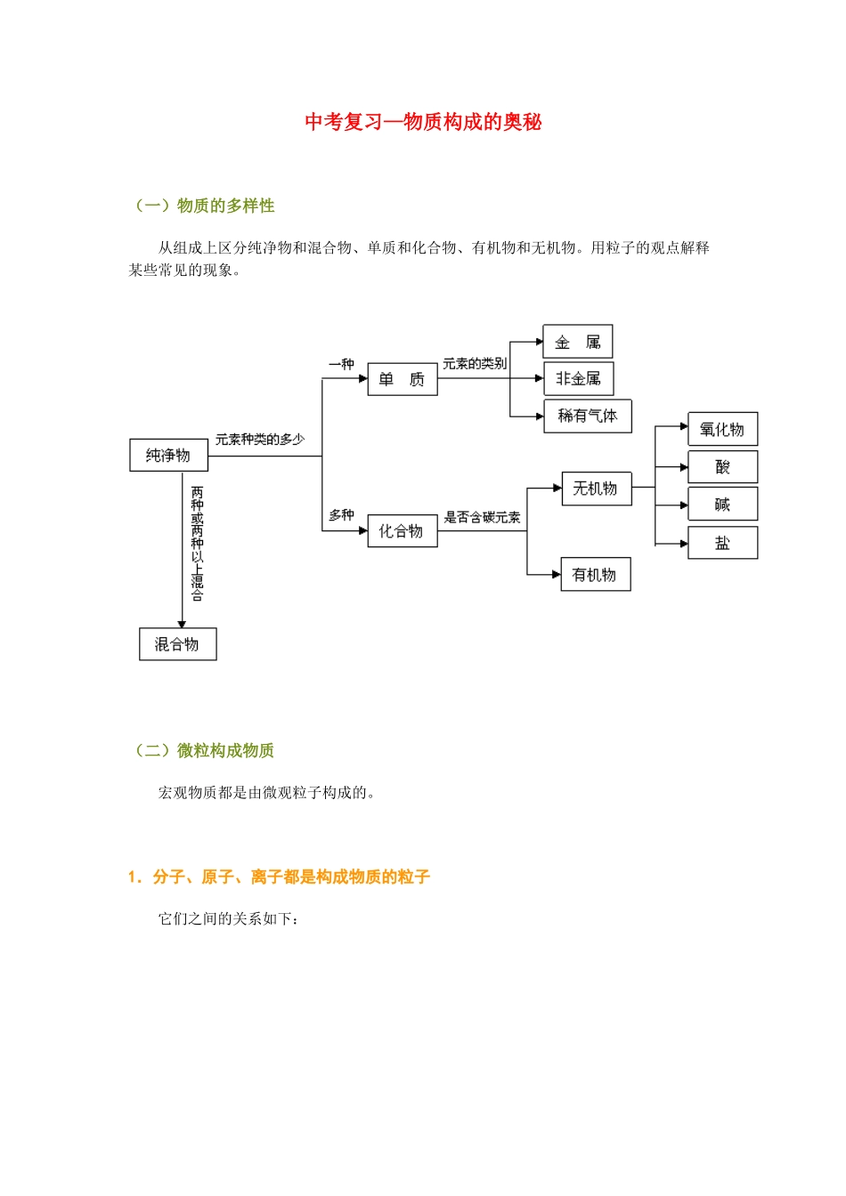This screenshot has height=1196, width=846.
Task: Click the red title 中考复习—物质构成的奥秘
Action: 423,122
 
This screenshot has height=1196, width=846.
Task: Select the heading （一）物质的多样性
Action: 204,206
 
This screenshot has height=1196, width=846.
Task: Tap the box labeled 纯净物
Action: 168,456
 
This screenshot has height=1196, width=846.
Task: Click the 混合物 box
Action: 177,644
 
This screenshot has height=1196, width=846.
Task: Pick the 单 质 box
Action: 402,380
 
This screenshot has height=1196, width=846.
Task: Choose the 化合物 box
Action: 402,531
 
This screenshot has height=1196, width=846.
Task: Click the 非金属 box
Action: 578,379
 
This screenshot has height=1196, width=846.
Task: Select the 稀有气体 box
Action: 587,416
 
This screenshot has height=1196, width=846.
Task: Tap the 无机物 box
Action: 596,489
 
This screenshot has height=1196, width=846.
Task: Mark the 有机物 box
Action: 595,575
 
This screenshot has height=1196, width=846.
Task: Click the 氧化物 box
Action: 722,430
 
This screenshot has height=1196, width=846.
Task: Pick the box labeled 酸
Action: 722,467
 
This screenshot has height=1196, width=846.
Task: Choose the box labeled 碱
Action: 722,505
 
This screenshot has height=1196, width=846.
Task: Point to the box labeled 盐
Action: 722,543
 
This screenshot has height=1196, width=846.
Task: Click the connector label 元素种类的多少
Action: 259,440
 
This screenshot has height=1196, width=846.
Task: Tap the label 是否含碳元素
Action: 482,517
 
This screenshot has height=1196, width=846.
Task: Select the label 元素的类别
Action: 474,364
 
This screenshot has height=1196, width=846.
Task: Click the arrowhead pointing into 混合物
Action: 182,625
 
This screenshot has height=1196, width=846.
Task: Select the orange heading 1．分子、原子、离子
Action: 279,877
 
